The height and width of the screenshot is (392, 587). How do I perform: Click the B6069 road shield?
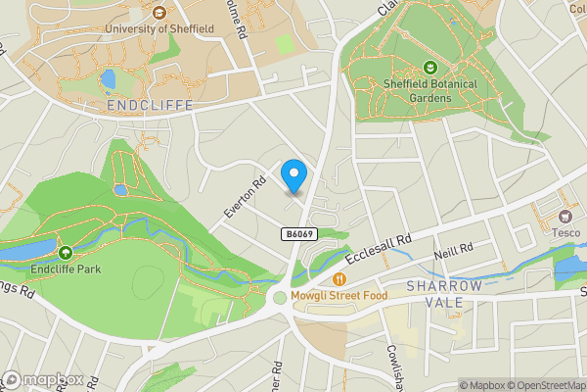pyautogui.click(x=300, y=233)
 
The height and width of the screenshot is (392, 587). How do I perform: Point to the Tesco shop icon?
pyautogui.click(x=564, y=216)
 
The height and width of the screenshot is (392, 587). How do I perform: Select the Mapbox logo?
pyautogui.click(x=42, y=380)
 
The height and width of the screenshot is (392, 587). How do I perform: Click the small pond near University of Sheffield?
pyautogui.click(x=108, y=78)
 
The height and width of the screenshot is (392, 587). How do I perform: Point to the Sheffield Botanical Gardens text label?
pyautogui.click(x=430, y=89)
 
